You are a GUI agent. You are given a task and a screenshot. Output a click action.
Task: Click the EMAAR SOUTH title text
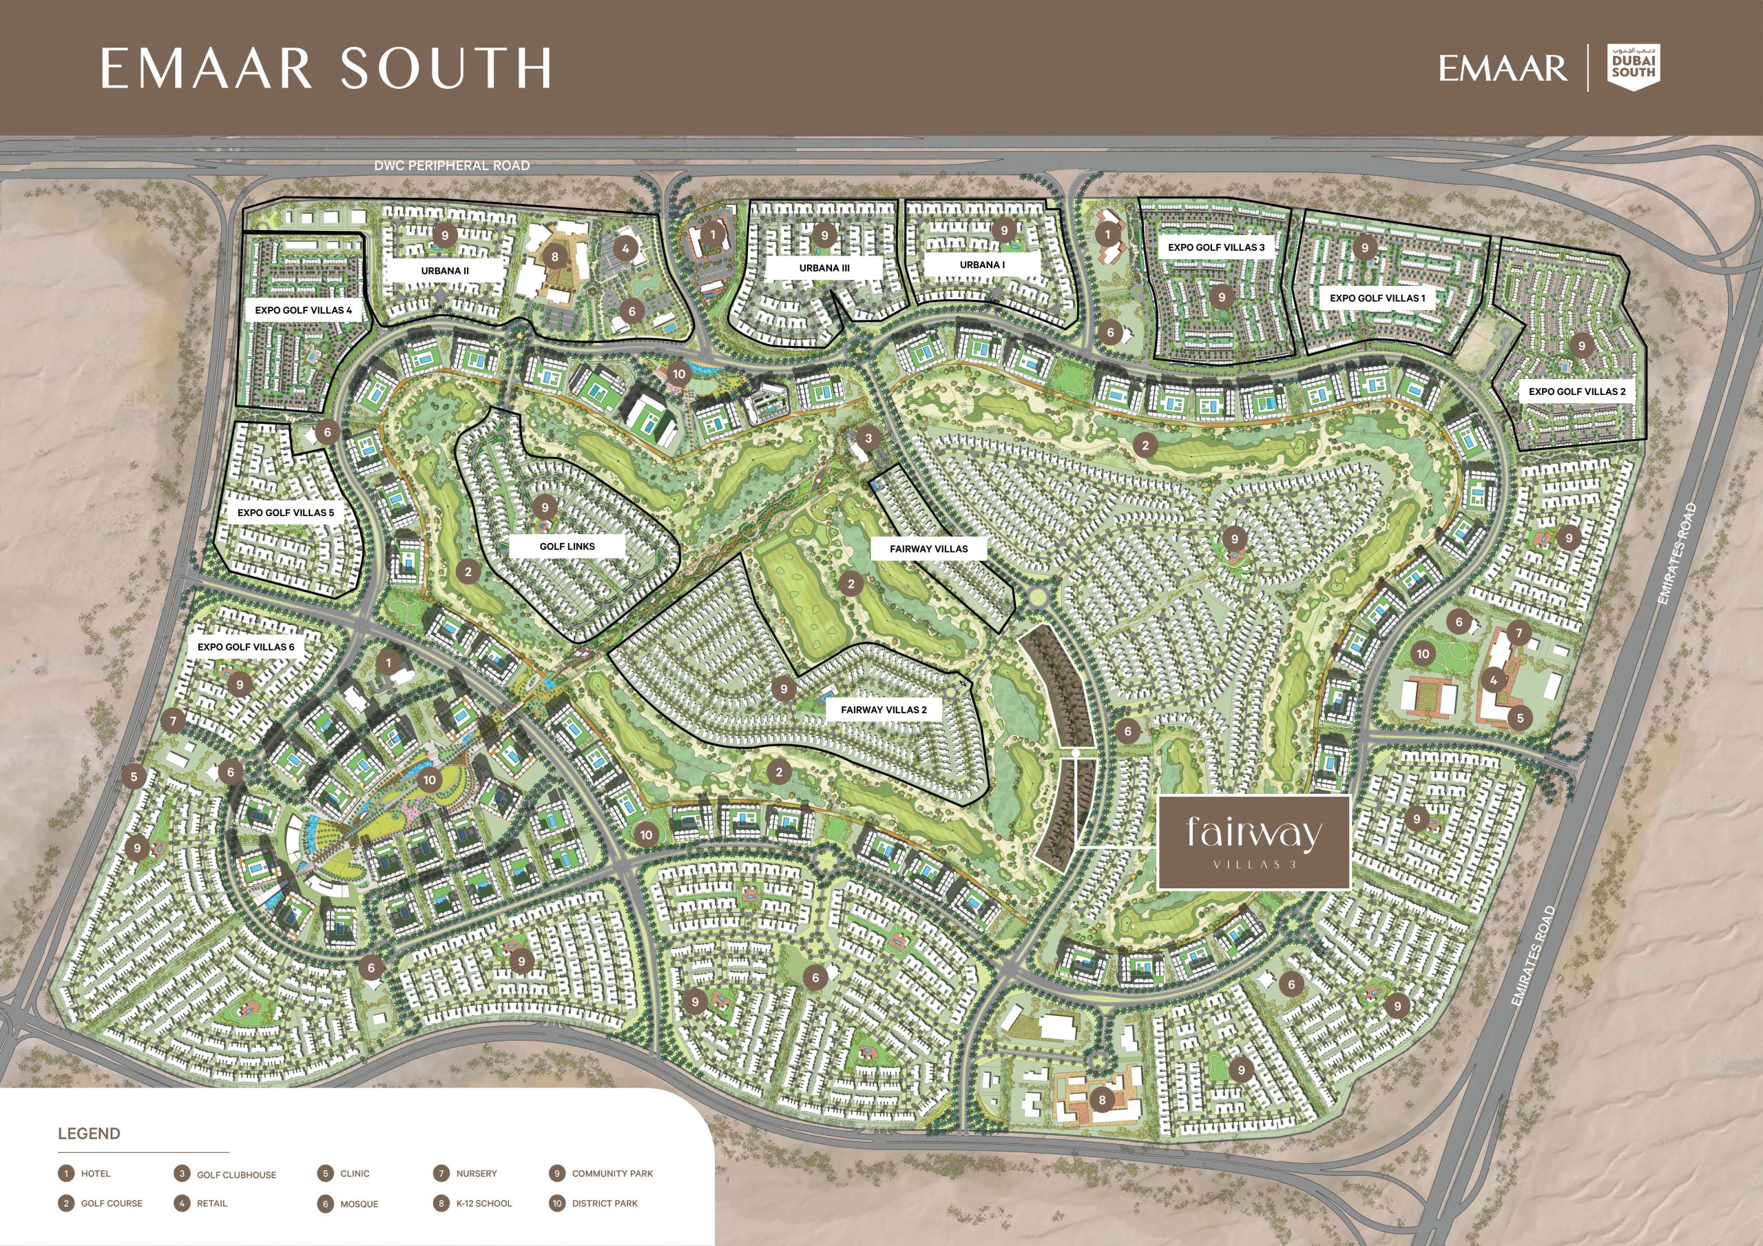pyautogui.click(x=326, y=68)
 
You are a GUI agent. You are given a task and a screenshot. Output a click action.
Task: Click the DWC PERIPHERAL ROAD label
pyautogui.click(x=452, y=165)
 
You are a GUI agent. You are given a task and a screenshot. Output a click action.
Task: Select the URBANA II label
pyautogui.click(x=445, y=270)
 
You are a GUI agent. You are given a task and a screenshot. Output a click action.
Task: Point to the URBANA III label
pyautogui.click(x=824, y=268)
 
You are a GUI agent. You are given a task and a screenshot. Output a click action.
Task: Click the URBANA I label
pyautogui.click(x=982, y=264)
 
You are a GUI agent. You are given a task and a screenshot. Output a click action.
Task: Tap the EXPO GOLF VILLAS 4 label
pyautogui.click(x=303, y=310)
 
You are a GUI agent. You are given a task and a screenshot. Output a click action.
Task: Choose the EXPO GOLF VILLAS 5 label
pyautogui.click(x=286, y=512)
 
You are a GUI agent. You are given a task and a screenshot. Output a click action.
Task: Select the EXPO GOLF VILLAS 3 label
pyautogui.click(x=1216, y=247)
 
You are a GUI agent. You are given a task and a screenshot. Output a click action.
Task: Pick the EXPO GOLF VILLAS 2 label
pyautogui.click(x=1576, y=391)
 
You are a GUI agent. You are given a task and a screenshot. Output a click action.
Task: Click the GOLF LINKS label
pyautogui.click(x=567, y=547)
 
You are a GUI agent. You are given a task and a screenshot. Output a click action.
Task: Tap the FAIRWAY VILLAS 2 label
pyautogui.click(x=883, y=710)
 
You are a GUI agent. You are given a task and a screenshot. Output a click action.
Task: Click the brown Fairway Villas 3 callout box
pyautogui.click(x=1253, y=843)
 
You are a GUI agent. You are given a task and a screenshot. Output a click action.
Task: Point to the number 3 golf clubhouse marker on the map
pyautogui.click(x=868, y=438)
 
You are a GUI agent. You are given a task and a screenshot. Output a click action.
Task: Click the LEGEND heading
pyautogui.click(x=89, y=1134)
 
